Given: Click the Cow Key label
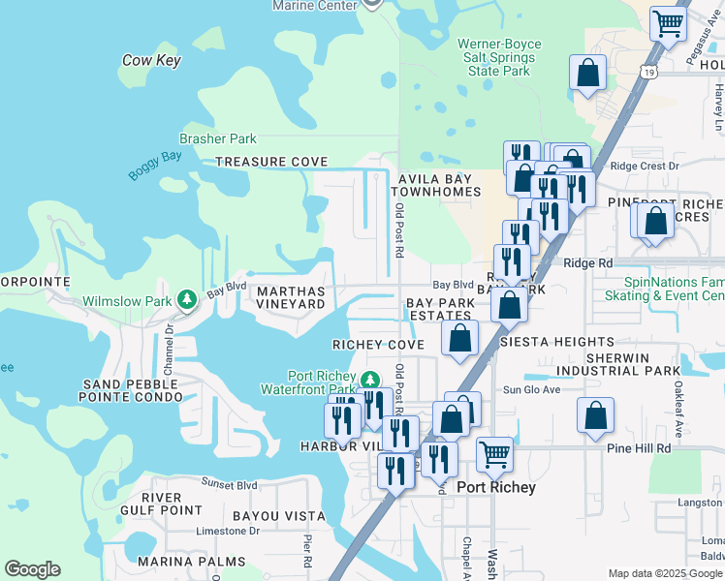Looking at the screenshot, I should coord(152,60).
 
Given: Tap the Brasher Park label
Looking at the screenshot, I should coord(217,138).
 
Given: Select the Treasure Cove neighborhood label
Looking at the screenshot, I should coord(265,162).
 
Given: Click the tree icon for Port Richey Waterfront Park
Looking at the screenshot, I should coord(368,379).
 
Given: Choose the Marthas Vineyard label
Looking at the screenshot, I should coord(290,296).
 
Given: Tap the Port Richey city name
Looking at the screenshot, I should coord(496,487).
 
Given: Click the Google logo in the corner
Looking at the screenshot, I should coord(32,569).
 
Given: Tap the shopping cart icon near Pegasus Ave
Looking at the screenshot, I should coord(668,23).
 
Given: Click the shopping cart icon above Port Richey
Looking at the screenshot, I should coord(494,453).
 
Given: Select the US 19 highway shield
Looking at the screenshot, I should coord(649,72).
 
